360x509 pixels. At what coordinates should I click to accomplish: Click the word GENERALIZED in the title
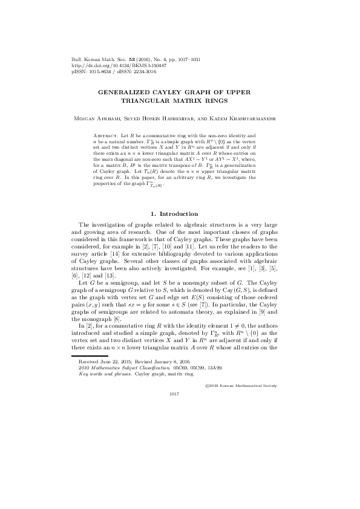point(123,91)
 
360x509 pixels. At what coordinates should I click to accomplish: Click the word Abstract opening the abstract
point(108,137)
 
